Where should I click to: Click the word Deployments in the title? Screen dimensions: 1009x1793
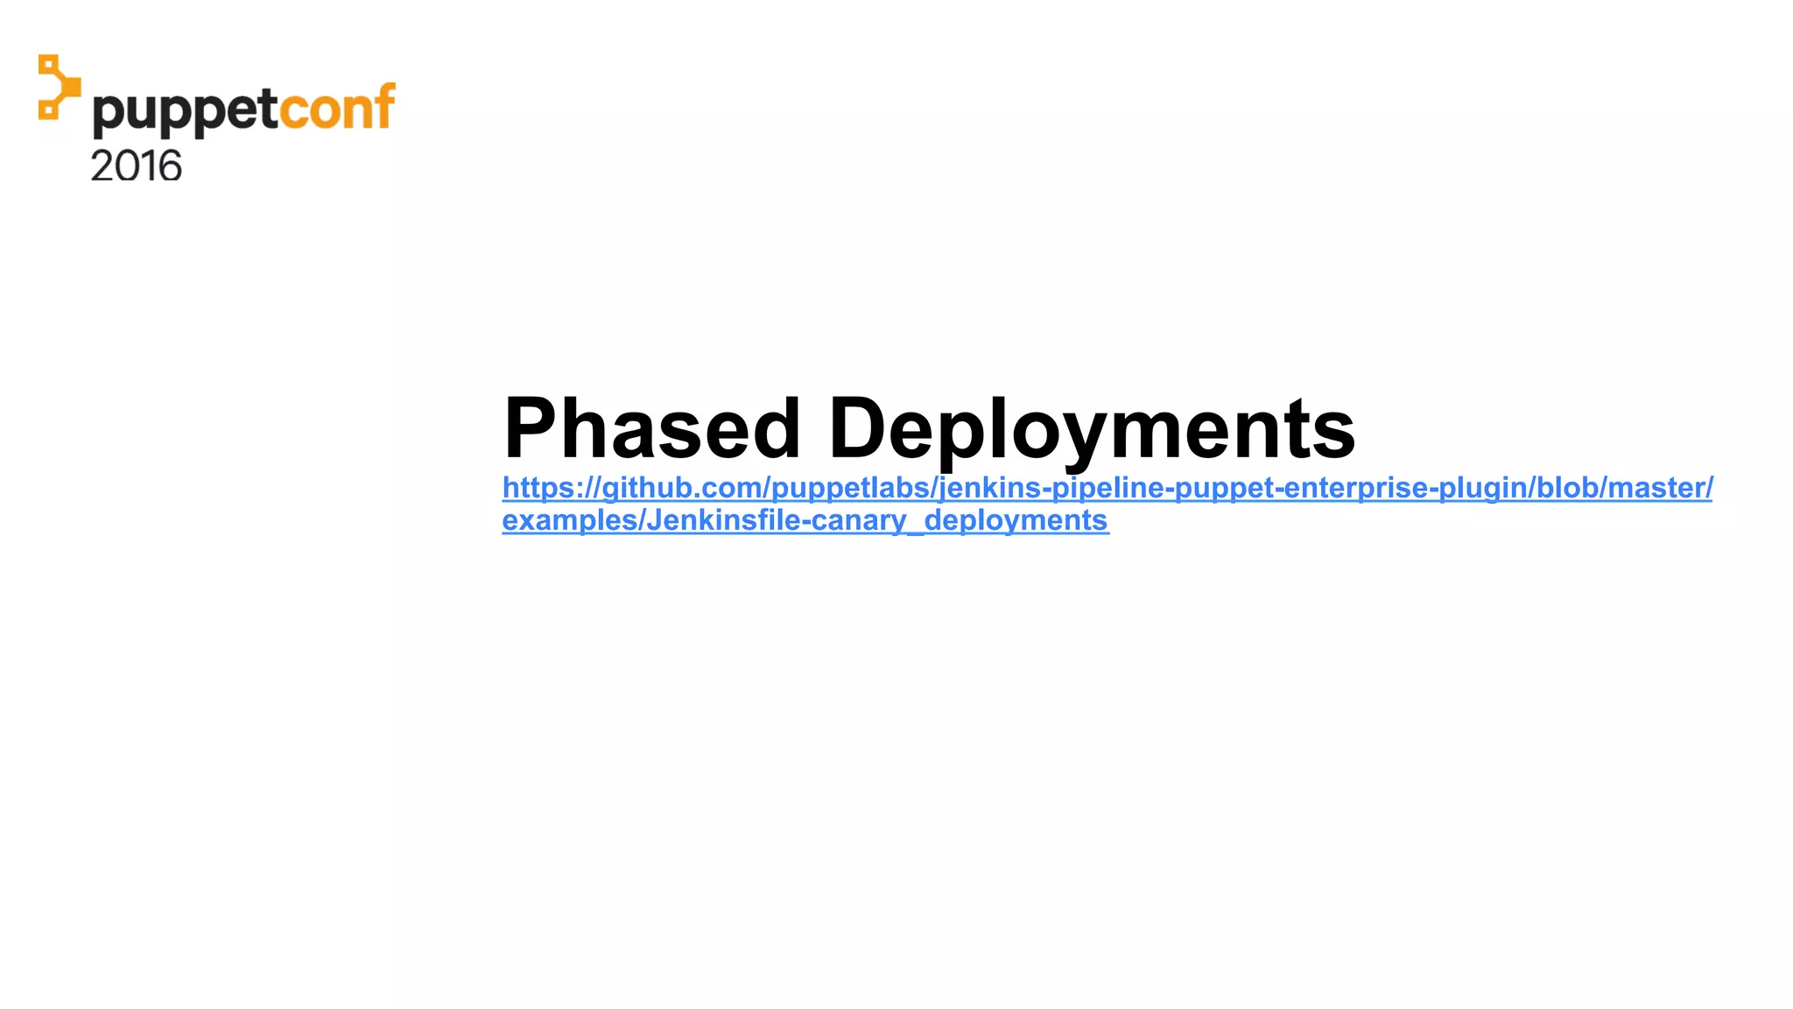tap(1092, 428)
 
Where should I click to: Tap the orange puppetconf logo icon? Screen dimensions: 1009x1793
tap(59, 87)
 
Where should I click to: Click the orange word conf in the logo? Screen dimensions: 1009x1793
tap(337, 108)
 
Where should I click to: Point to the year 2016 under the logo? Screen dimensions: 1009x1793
tap(136, 166)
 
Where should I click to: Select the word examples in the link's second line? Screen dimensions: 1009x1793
tap(570, 521)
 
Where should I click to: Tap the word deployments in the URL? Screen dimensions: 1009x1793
tap(1016, 521)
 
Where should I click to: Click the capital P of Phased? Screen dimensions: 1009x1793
tap(531, 428)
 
